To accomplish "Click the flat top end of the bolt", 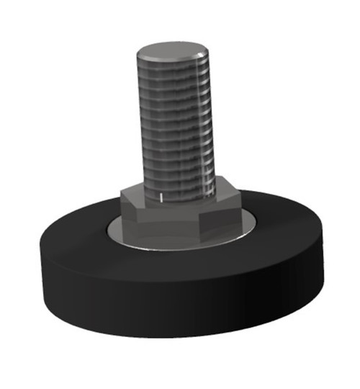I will coord(173,50).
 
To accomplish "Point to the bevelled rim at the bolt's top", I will coord(173,61).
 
